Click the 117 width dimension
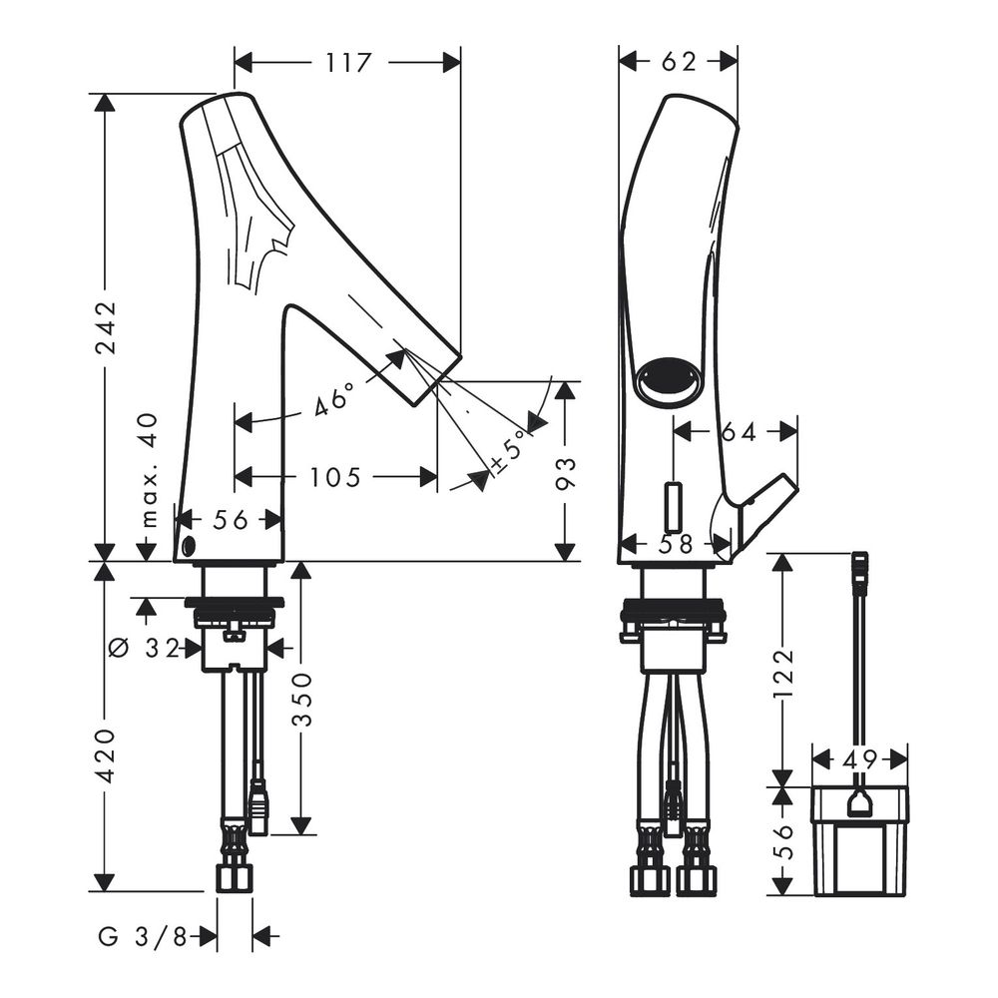coord(348,62)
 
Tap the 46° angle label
coord(333,398)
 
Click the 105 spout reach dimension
coord(335,476)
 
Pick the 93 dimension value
coord(565,472)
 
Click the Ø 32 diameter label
coord(144,648)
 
